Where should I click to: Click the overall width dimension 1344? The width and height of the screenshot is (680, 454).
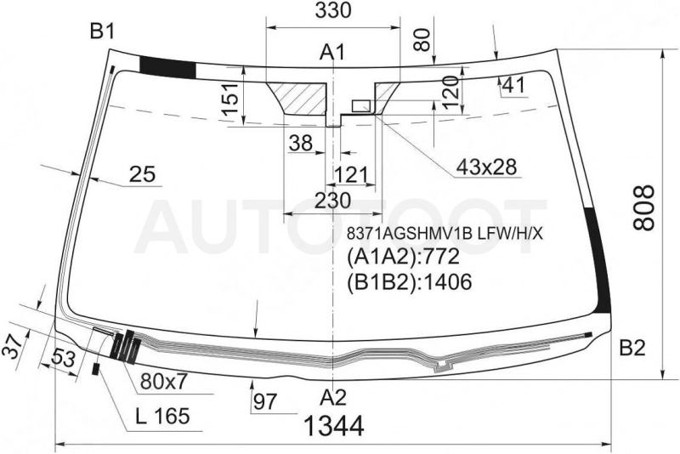tap(334, 426)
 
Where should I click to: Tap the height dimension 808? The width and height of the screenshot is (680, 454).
tap(643, 207)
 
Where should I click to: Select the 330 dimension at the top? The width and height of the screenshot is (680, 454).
tap(332, 11)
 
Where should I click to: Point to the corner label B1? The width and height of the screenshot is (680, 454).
tap(102, 31)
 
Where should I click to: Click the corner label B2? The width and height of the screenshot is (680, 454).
tap(632, 348)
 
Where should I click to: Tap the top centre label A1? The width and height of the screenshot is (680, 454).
tap(332, 53)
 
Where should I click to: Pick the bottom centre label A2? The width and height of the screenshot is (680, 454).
tap(334, 397)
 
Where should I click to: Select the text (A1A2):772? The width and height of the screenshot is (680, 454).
tap(403, 257)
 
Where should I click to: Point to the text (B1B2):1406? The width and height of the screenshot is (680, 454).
tap(409, 282)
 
